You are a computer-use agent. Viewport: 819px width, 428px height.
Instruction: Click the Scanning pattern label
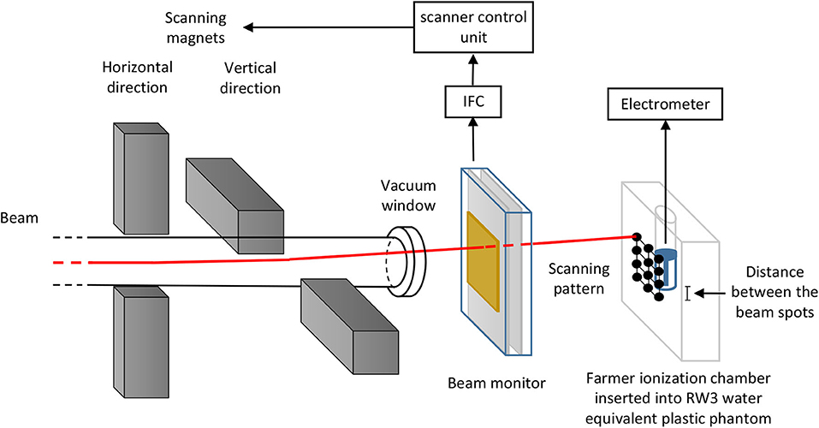[x=578, y=279]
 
